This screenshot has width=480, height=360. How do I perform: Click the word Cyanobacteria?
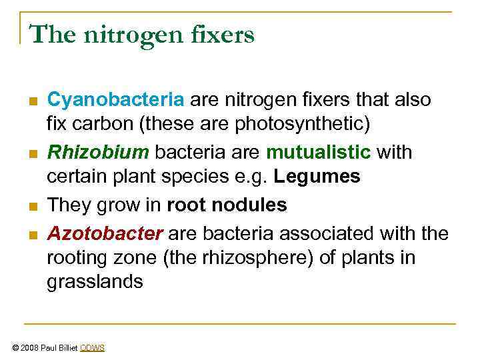tap(115, 100)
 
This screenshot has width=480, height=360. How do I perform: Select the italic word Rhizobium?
tap(98, 153)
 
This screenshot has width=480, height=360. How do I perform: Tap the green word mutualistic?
tap(319, 153)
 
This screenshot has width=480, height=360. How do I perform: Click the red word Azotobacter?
tap(105, 233)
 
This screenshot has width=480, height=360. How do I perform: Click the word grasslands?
tap(95, 281)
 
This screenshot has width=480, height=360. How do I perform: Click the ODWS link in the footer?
tap(92, 348)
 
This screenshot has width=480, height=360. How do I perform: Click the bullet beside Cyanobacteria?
tap(32, 101)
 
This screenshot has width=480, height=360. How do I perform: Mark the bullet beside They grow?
tap(32, 206)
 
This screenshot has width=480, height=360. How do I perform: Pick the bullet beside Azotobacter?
tap(32, 234)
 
